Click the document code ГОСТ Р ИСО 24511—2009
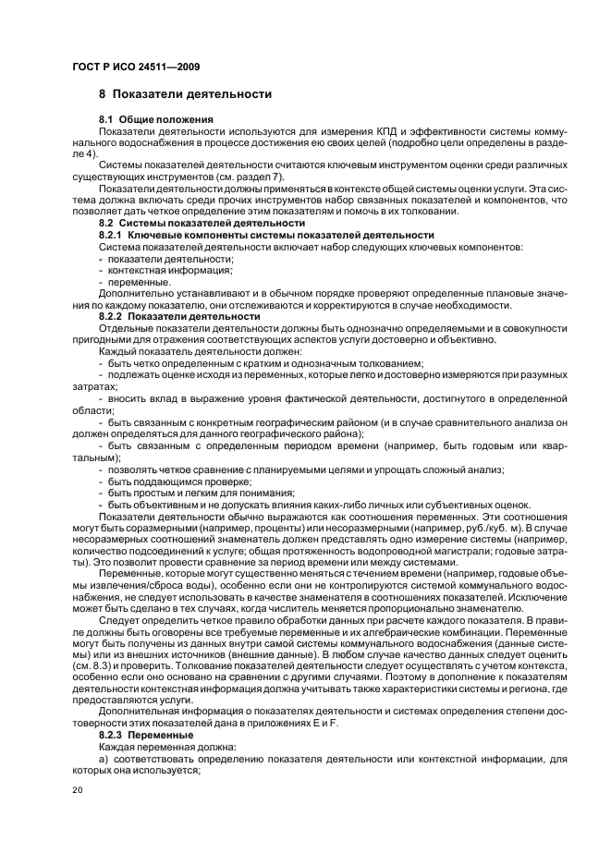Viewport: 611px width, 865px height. (136, 67)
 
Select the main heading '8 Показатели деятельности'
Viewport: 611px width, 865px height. (185, 94)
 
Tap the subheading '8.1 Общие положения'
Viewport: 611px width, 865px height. (156, 121)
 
